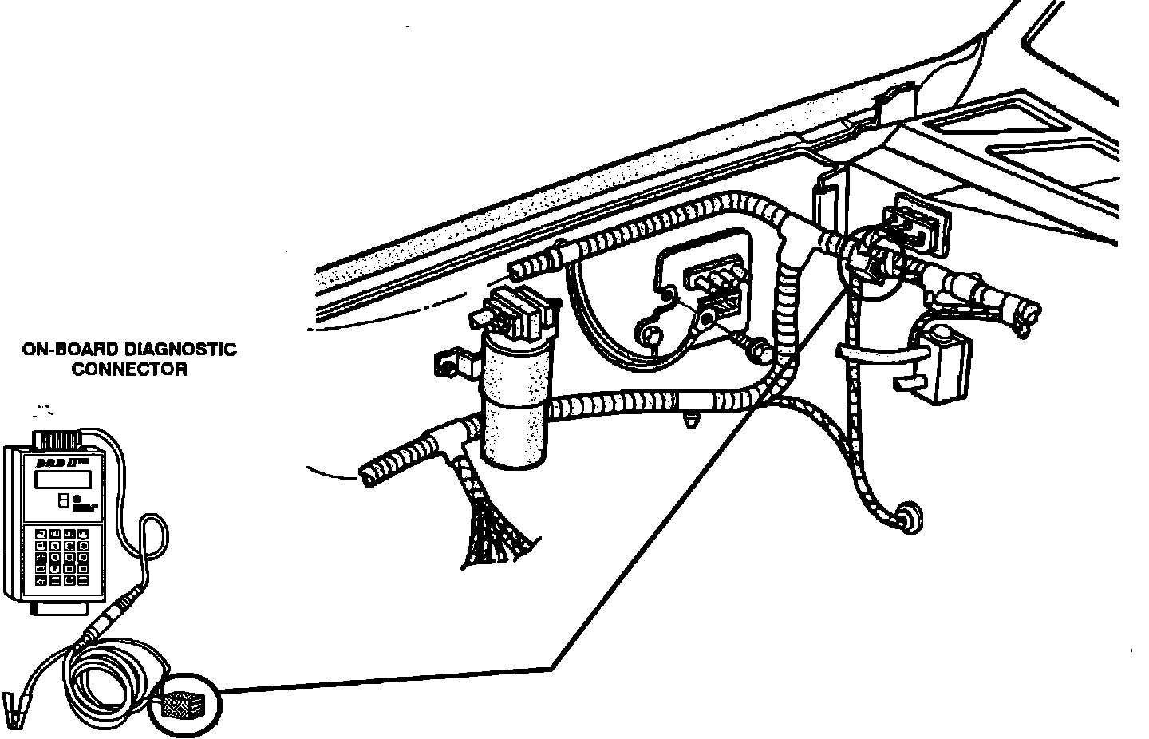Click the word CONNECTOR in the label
(129, 369)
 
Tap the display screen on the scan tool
(62, 479)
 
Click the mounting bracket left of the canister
(452, 364)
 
